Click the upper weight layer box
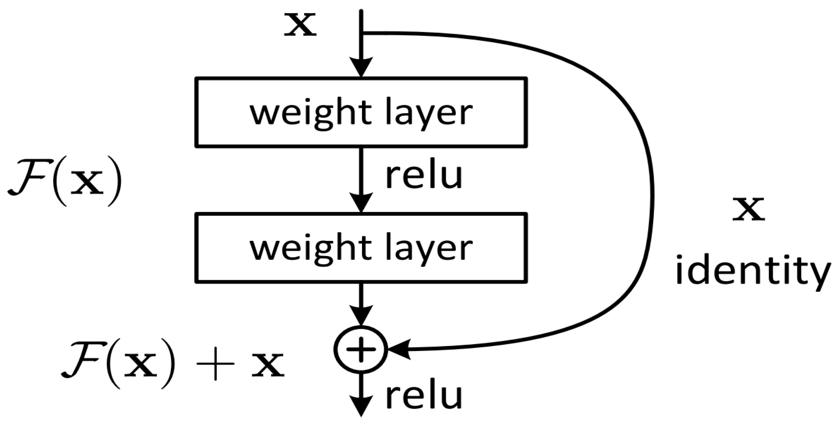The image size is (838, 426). (x=361, y=112)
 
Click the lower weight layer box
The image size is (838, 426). (x=361, y=248)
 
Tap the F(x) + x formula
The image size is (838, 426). (x=172, y=364)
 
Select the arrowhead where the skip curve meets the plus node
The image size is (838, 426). (x=398, y=349)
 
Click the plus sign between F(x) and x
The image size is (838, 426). (x=215, y=364)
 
